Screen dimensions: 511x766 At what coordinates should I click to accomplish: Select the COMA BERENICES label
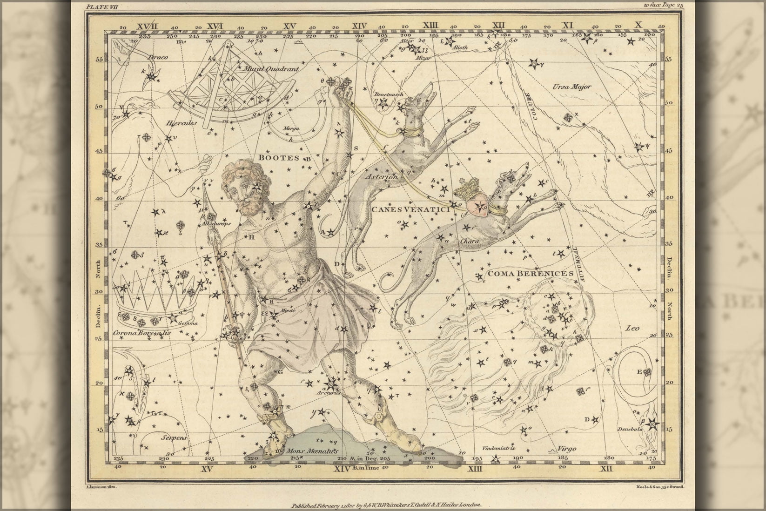530,273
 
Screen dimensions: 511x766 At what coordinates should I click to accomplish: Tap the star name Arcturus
331,392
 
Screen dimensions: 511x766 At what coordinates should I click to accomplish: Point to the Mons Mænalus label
310,451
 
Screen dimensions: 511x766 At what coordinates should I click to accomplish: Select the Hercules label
181,123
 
